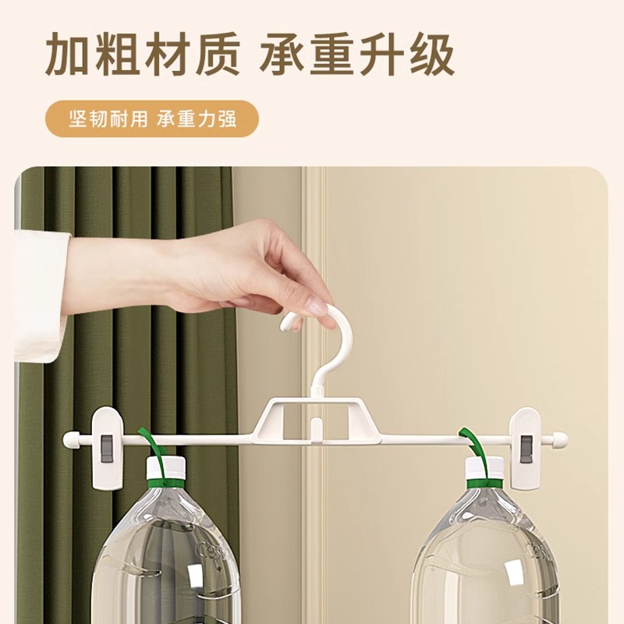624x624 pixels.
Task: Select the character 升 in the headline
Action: point(376,52)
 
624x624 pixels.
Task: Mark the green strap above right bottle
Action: point(472,445)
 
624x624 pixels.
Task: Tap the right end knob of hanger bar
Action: point(560,439)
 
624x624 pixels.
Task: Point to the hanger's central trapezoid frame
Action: point(316,421)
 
